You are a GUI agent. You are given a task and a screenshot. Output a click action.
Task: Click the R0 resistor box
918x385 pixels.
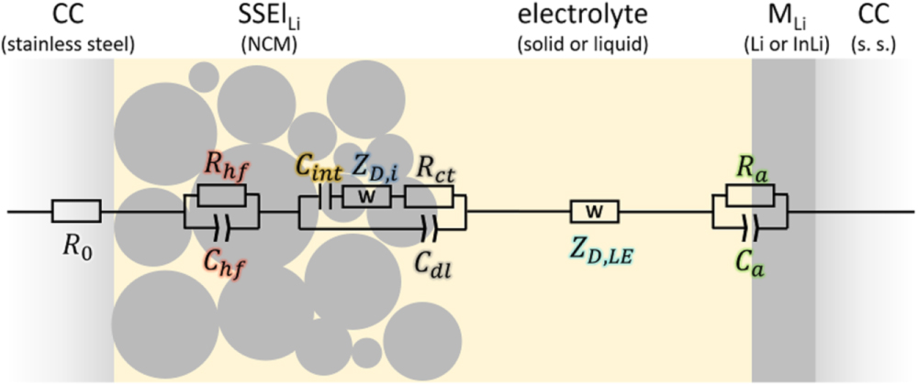pos(76,213)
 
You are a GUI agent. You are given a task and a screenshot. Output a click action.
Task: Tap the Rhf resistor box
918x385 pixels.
pos(222,195)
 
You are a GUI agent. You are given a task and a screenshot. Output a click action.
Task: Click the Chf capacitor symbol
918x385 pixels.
pos(220,223)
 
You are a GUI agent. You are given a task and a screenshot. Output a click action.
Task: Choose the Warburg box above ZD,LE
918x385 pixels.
pos(595,213)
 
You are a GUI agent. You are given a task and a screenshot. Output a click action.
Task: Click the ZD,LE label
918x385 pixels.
pos(598,247)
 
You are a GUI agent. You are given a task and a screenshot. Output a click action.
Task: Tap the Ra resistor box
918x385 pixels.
pos(750,195)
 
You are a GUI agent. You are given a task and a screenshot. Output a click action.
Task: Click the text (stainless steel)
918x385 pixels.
pos(56,43)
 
